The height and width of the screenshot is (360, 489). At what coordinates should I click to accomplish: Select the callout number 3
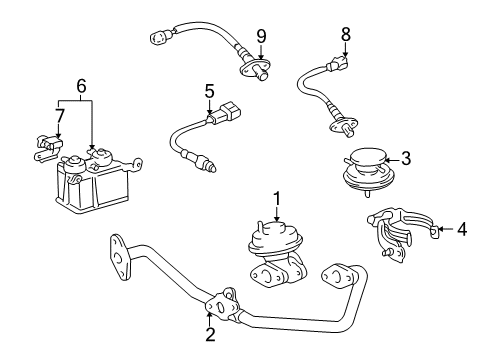406,158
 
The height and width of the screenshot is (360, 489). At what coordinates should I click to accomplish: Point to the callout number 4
462,230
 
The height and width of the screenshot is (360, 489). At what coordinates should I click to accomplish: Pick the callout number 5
209,91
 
